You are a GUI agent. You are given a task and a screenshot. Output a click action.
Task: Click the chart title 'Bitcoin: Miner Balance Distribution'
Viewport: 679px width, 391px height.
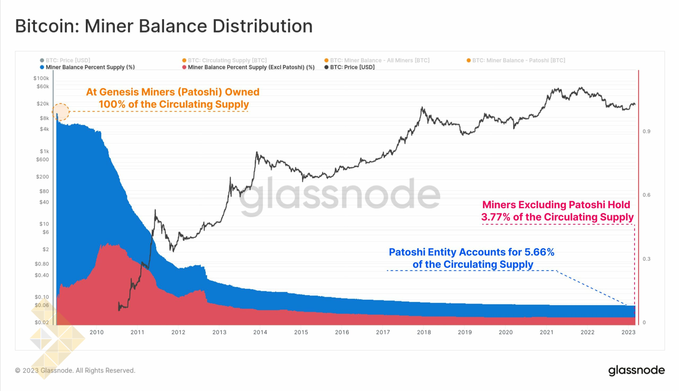pos(164,26)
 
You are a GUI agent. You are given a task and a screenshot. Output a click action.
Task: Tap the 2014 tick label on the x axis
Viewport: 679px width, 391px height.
pos(260,332)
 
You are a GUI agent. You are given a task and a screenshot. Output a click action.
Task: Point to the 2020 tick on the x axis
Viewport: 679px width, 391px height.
pos(506,332)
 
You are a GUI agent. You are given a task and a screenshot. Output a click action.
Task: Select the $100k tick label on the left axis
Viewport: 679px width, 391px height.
pos(41,78)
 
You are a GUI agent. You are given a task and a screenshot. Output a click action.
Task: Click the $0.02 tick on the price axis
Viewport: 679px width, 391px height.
pos(42,322)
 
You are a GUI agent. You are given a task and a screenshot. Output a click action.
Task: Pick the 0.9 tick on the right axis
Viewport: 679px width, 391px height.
pos(646,131)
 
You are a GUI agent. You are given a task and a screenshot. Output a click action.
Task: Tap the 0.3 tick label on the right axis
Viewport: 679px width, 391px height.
pos(646,259)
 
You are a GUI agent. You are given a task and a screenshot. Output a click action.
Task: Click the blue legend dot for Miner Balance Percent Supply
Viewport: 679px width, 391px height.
pos(42,67)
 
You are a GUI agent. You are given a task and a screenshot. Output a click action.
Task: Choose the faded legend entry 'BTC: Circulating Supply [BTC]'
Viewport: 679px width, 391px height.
pos(227,60)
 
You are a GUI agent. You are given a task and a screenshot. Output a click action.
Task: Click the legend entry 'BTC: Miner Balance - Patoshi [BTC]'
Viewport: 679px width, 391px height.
pos(519,60)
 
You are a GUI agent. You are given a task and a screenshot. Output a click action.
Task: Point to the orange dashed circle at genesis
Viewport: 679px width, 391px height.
pos(61,111)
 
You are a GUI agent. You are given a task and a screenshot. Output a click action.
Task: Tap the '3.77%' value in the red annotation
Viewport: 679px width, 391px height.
pos(495,217)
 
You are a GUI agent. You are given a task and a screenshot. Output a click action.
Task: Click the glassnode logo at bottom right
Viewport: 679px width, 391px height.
pos(636,370)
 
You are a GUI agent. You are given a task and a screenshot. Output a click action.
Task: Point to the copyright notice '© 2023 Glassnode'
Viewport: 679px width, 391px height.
pos(75,371)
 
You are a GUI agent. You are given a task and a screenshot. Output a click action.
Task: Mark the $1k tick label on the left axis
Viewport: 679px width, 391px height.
pos(44,151)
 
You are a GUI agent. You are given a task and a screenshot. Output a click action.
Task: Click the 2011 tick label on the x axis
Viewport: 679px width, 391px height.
pos(137,332)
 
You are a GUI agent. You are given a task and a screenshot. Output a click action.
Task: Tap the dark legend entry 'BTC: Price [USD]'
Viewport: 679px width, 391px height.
pos(352,67)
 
